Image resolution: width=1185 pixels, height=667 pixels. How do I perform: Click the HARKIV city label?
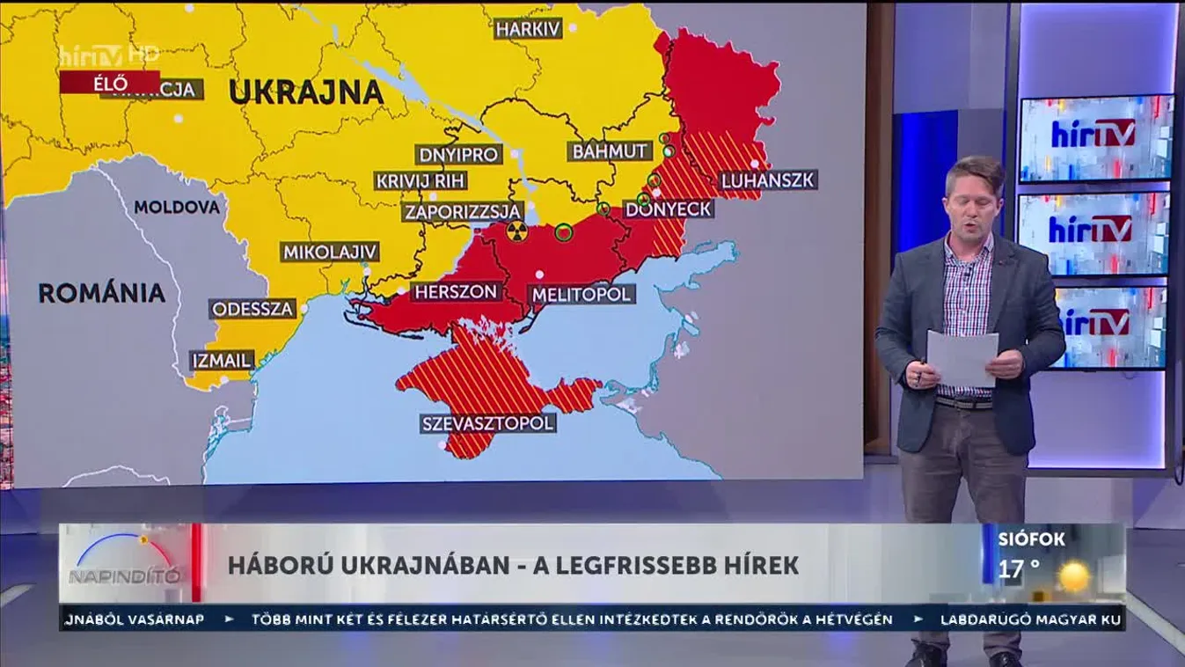(528, 29)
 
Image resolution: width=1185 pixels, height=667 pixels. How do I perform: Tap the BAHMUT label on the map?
(611, 150)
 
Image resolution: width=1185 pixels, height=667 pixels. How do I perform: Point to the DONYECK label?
(669, 209)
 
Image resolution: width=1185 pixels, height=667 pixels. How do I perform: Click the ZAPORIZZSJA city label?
(463, 212)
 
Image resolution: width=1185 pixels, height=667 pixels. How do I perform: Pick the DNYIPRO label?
(459, 155)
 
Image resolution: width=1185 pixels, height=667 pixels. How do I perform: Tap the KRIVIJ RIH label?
(421, 181)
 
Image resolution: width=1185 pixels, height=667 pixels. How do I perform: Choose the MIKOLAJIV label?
(330, 252)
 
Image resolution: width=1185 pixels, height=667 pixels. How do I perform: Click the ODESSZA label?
(252, 309)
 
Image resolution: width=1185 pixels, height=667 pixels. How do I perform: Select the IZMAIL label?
(222, 360)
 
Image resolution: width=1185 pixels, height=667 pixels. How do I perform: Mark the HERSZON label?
(457, 292)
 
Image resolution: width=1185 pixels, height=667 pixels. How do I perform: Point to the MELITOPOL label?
(581, 294)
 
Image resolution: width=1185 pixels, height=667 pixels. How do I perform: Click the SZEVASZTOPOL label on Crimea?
(488, 423)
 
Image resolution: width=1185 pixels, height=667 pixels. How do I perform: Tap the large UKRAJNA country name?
(305, 92)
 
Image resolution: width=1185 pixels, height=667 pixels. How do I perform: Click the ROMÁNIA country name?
(102, 293)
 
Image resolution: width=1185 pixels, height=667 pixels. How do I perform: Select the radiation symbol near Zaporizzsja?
(515, 232)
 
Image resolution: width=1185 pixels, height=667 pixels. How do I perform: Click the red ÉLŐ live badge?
(110, 84)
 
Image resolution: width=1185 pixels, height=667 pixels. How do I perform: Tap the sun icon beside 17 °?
(1074, 576)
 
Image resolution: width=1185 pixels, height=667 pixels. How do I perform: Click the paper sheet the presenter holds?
(962, 359)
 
